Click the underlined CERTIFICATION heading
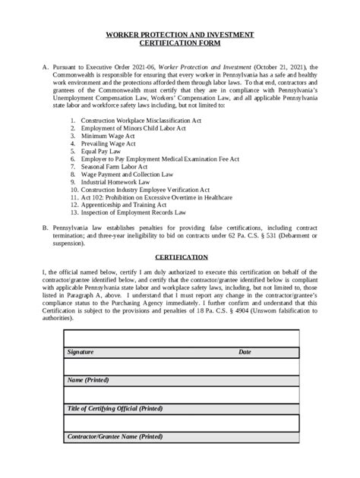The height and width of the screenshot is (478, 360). click(x=180, y=257)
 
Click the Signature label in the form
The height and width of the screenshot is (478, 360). click(x=81, y=353)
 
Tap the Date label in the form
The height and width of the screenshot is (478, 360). click(x=245, y=353)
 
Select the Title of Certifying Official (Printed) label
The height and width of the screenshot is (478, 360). click(x=115, y=409)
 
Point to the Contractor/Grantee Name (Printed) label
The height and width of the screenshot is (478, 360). click(x=115, y=438)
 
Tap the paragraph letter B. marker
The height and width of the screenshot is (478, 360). click(x=46, y=228)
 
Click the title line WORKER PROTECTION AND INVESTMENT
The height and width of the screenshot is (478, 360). click(x=180, y=36)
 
